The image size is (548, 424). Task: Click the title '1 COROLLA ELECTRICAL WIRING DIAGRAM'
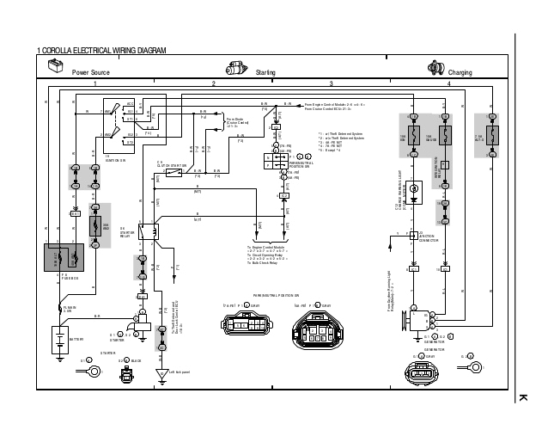pyautogui.click(x=101, y=53)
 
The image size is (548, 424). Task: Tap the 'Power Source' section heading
pyautogui.click(x=90, y=72)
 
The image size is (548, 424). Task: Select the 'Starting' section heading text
pyautogui.click(x=265, y=72)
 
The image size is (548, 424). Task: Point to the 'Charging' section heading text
pyautogui.click(x=460, y=72)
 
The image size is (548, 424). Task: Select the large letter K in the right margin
pyautogui.click(x=522, y=397)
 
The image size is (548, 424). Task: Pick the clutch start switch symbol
pyautogui.click(x=172, y=174)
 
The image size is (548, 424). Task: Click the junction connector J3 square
pyautogui.click(x=413, y=235)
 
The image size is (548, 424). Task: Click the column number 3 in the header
pyautogui.click(x=331, y=83)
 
